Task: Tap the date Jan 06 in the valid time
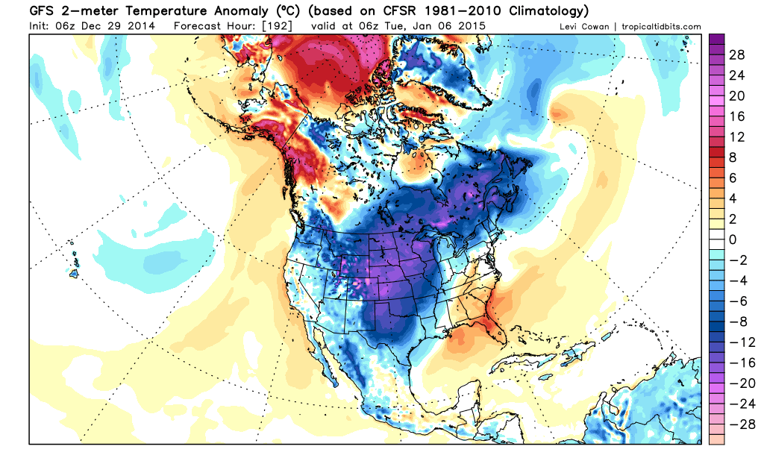tap(433, 26)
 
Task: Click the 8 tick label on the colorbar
tap(733, 157)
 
